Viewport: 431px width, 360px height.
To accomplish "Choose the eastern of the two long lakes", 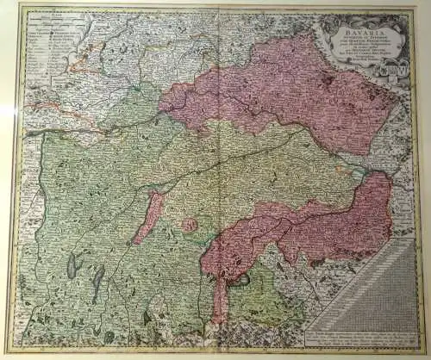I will pyautogui.click(x=98, y=278).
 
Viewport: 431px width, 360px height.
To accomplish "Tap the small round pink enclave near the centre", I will pyautogui.click(x=189, y=225).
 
